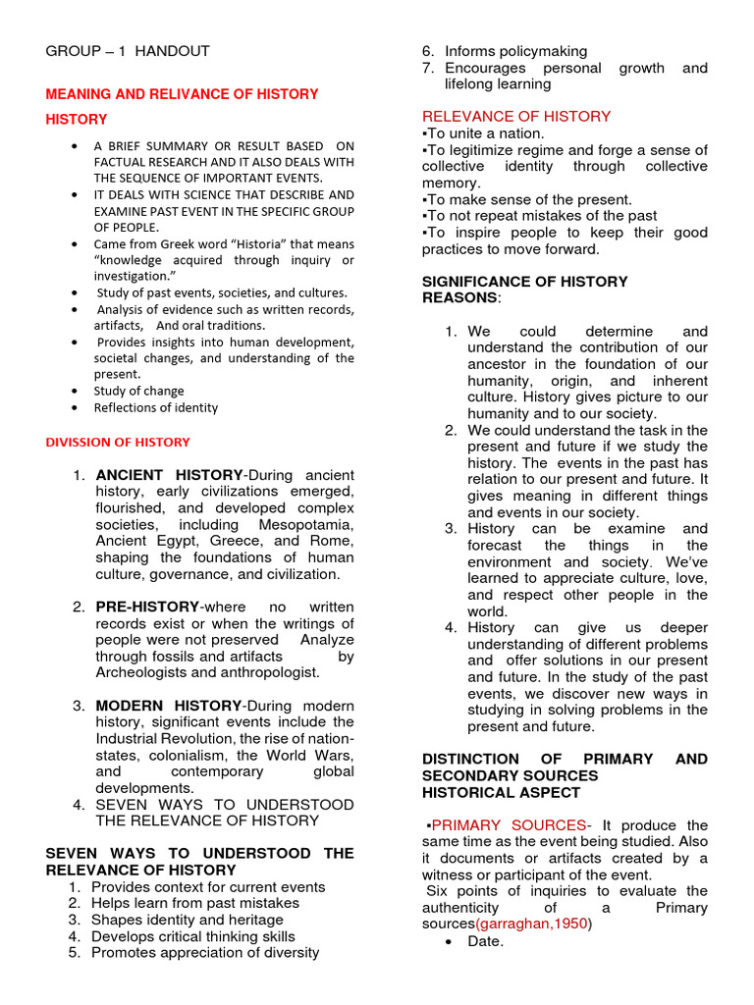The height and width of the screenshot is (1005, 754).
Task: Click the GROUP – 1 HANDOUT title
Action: point(128,51)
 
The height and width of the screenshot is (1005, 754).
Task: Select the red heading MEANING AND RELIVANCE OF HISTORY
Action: point(182,94)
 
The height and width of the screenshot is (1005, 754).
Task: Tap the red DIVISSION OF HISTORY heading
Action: point(118,442)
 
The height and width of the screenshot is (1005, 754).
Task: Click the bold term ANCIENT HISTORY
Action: point(169,475)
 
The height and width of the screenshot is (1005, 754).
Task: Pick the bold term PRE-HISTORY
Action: point(147,607)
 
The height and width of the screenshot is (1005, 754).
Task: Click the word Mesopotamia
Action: point(304,525)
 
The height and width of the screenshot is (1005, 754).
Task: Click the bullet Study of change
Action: point(138,391)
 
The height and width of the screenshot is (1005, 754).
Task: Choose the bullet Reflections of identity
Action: point(156,407)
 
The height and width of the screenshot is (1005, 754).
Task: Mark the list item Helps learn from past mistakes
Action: point(195,903)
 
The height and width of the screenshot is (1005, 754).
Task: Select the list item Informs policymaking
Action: point(515,51)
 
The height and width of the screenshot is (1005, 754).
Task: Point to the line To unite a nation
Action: point(483,133)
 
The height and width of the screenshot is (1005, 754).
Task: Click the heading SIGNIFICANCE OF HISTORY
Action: point(524,282)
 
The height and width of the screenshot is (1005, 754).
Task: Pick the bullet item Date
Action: point(486,941)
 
